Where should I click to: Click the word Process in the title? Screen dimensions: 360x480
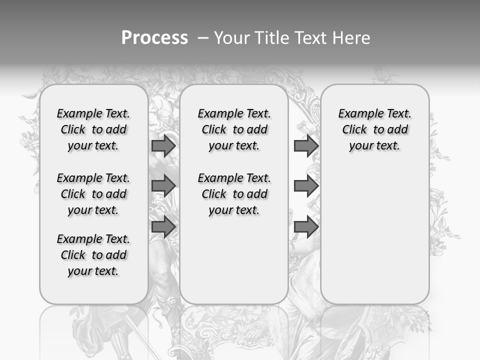click(154, 38)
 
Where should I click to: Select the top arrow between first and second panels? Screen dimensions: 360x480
click(163, 145)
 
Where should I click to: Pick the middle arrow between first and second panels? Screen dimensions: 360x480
click(163, 186)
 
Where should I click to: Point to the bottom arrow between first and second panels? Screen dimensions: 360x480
click(163, 227)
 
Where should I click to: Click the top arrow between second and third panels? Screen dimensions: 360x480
click(306, 145)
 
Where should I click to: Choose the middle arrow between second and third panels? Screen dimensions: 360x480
click(306, 186)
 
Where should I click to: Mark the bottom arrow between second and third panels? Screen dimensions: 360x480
click(306, 227)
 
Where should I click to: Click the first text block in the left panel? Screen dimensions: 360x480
click(93, 129)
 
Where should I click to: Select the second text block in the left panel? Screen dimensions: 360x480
click(93, 194)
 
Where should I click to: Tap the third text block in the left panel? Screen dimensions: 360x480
click(93, 255)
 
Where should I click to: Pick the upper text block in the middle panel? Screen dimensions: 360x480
click(234, 129)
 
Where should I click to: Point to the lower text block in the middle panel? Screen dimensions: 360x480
click(234, 194)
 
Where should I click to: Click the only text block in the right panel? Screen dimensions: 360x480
click(375, 129)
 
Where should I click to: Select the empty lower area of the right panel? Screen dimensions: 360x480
click(375, 235)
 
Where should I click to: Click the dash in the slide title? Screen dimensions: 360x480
click(203, 38)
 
